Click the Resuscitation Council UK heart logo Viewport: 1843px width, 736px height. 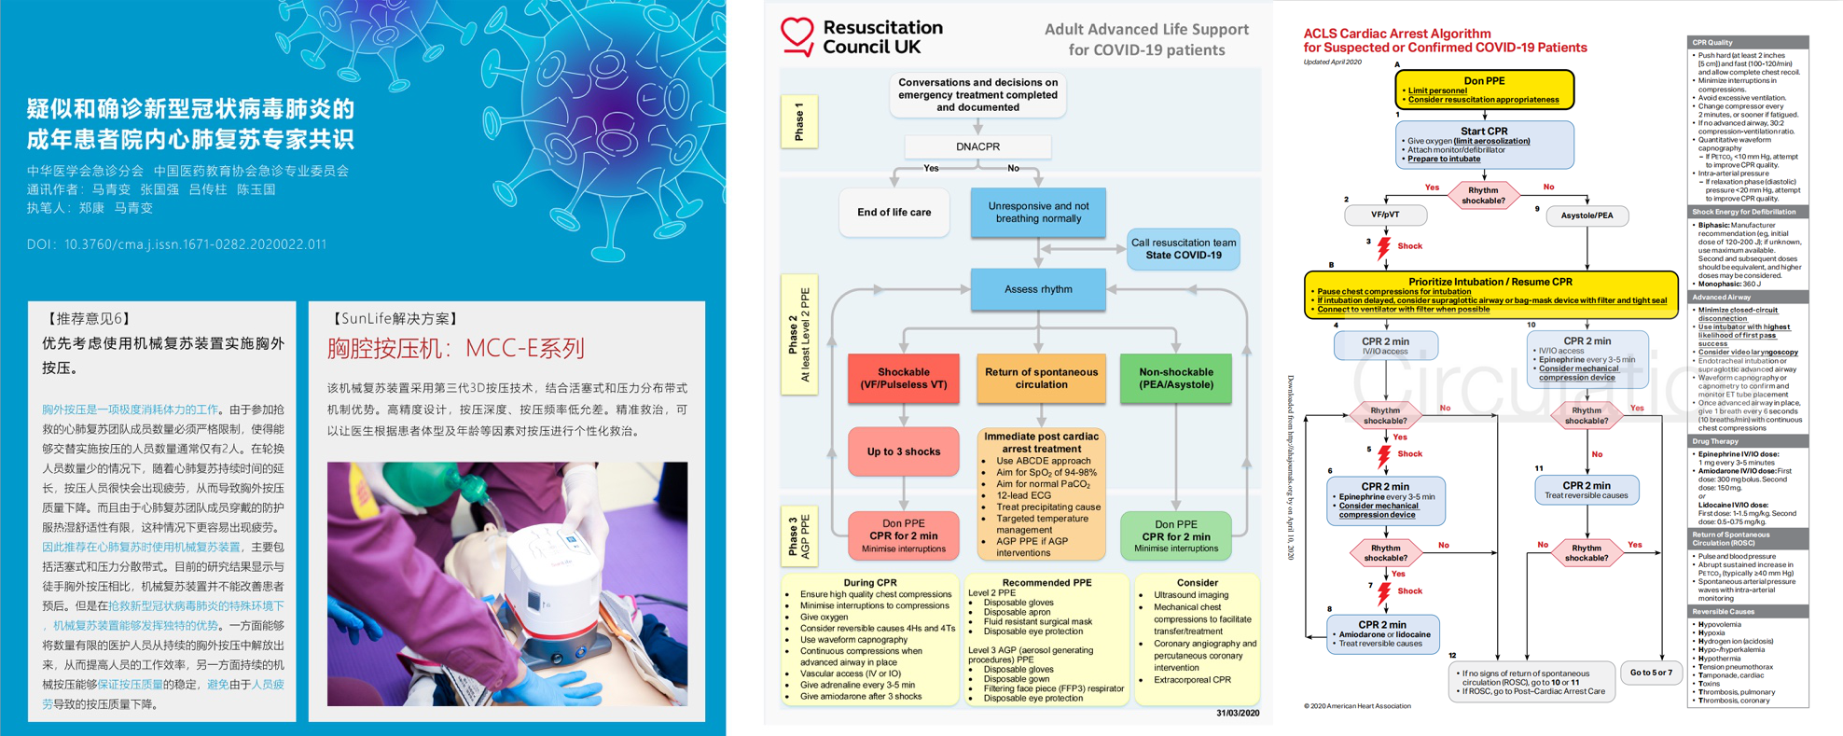797,36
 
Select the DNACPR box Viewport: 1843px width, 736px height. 977,146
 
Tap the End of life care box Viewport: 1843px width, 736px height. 894,213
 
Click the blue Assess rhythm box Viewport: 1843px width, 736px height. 1038,289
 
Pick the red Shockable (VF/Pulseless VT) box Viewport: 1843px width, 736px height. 903,378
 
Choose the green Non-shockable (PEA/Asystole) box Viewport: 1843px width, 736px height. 1175,378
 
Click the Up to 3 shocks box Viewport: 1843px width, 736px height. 903,451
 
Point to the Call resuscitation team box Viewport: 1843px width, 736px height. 1183,249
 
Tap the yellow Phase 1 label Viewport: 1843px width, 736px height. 798,122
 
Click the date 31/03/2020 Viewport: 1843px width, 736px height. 1237,714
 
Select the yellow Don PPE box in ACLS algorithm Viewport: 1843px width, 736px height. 1484,90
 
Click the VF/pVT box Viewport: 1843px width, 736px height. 1385,215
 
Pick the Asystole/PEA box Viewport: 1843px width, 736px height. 1587,216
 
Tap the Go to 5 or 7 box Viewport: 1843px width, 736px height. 1650,673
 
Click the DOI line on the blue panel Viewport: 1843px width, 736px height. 176,244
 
